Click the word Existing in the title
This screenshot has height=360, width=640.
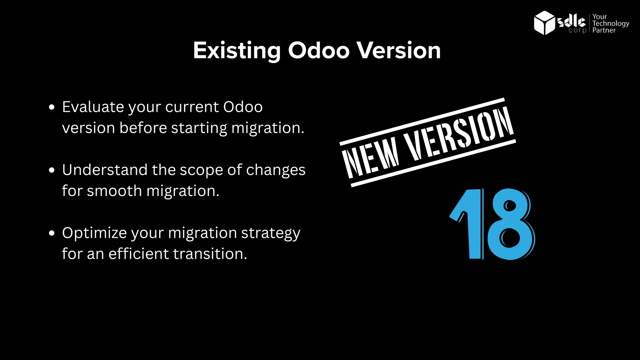click(x=237, y=50)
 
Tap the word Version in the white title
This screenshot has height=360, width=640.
click(x=399, y=50)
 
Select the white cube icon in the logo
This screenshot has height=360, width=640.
click(x=544, y=23)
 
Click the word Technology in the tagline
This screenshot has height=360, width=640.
click(x=611, y=23)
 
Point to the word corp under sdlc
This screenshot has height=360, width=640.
click(x=577, y=30)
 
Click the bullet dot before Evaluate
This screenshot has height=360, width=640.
click(x=52, y=107)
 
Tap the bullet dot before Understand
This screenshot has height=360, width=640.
click(x=52, y=170)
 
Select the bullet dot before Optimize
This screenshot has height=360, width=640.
click(x=52, y=233)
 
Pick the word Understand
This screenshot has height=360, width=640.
click(x=105, y=170)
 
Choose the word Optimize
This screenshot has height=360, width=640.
click(x=94, y=233)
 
